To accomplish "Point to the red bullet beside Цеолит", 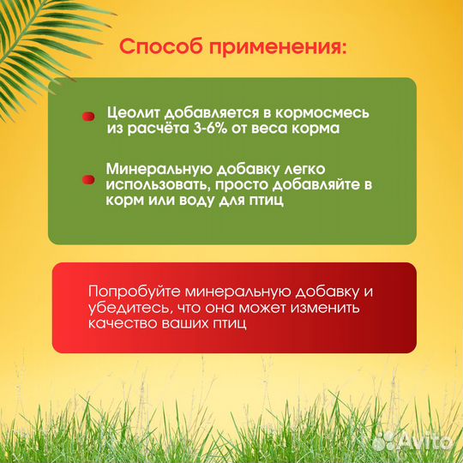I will [87, 115].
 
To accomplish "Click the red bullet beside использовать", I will [87, 180].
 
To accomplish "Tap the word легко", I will [301, 168].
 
